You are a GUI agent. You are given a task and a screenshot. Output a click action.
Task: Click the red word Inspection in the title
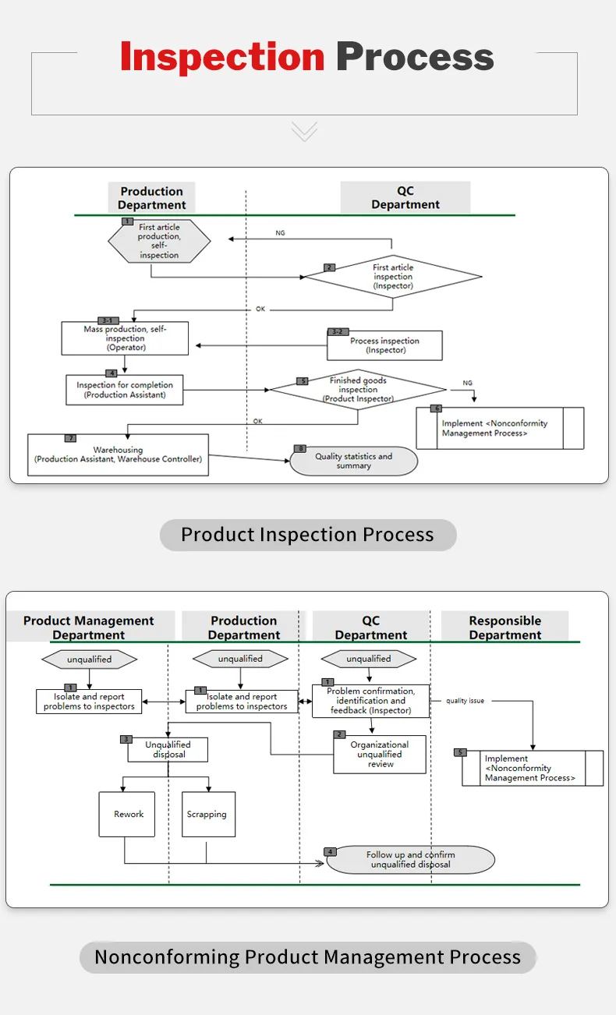222,58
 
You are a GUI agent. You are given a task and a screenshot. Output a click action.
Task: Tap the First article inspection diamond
392,277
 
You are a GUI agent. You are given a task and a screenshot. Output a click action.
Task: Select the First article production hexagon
159,241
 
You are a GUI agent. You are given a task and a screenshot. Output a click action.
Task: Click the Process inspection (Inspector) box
384,345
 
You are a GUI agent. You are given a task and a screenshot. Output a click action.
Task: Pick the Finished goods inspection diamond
358,390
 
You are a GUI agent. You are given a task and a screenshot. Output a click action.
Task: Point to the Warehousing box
118,454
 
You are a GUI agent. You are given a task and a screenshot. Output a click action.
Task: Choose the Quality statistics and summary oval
353,461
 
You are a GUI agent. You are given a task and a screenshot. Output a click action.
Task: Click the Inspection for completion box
125,390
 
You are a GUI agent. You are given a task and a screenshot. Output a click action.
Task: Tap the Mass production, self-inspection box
125,339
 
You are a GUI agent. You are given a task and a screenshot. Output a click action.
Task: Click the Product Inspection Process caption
307,535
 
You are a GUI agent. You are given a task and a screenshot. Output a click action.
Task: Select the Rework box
128,815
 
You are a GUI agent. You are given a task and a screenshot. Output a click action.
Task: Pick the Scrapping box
208,815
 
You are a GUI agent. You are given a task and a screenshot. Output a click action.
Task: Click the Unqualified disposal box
168,750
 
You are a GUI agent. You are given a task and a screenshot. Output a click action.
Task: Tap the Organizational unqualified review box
380,755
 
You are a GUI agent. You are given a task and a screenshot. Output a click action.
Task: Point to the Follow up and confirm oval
410,860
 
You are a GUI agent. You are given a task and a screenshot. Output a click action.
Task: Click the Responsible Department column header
504,628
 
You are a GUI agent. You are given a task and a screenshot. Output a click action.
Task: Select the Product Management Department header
89,628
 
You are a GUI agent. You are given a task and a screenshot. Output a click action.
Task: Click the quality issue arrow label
465,701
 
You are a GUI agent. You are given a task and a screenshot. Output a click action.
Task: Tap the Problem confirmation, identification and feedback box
370,701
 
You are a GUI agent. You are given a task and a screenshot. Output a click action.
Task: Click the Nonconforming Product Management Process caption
307,957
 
